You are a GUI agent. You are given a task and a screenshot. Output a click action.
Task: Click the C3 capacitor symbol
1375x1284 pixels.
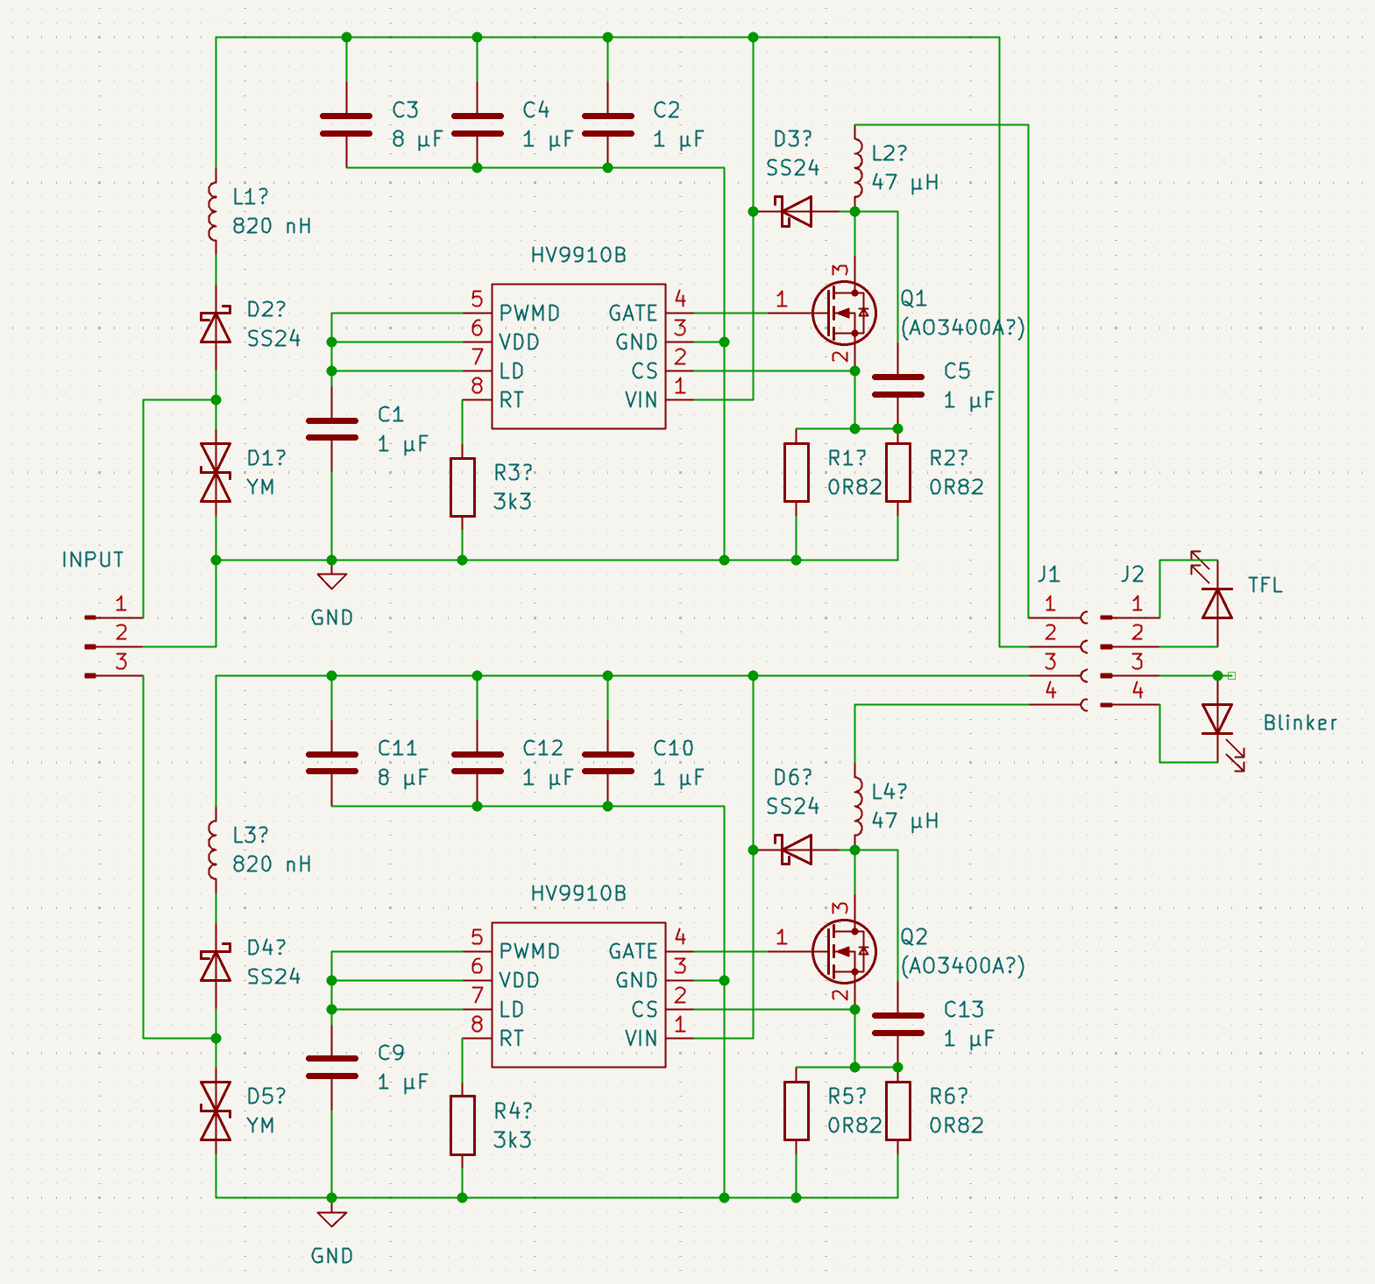pyautogui.click(x=346, y=124)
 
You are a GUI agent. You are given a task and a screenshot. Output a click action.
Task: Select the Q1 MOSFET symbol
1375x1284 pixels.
pyautogui.click(x=843, y=313)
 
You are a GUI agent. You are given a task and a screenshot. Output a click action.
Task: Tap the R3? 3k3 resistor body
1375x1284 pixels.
pyautogui.click(x=463, y=487)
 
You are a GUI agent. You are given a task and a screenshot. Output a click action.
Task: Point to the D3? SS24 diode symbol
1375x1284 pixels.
pyautogui.click(x=796, y=211)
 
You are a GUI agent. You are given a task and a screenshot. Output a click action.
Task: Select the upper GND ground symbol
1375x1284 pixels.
pyautogui.click(x=331, y=581)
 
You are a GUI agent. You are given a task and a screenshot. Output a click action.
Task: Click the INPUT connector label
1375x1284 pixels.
pyautogui.click(x=93, y=560)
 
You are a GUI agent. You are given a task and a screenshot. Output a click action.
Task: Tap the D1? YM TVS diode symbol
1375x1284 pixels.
pyautogui.click(x=216, y=472)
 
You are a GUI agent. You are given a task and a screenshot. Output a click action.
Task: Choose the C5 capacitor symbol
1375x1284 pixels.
pyautogui.click(x=898, y=385)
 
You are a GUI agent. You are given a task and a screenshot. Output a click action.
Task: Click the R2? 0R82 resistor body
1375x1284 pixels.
pyautogui.click(x=898, y=472)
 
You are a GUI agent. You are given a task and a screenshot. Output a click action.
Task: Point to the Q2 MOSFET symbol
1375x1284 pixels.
pyautogui.click(x=843, y=951)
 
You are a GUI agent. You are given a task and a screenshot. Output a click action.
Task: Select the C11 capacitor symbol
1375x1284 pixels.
pyautogui.click(x=331, y=762)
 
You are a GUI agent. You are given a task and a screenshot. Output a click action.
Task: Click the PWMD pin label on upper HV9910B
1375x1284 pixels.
pyautogui.click(x=529, y=313)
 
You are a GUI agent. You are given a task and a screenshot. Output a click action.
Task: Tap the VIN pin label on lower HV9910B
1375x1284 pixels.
pyautogui.click(x=641, y=1038)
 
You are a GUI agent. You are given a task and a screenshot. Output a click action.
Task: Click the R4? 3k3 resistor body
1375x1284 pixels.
pyautogui.click(x=463, y=1125)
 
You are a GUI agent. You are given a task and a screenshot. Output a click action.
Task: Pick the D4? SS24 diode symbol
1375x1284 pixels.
pyautogui.click(x=216, y=965)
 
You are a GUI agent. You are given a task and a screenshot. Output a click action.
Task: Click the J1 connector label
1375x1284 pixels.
pyautogui.click(x=1049, y=575)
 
